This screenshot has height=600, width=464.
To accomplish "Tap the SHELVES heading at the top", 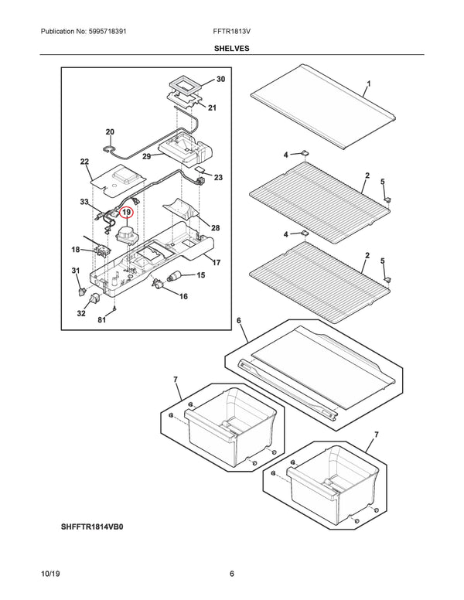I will [231, 47].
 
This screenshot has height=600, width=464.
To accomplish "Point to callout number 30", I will [220, 80].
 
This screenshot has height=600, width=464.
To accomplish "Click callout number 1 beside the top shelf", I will [369, 84].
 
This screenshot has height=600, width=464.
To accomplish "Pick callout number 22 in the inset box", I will [84, 162].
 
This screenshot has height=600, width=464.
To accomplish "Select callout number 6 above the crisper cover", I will [239, 321].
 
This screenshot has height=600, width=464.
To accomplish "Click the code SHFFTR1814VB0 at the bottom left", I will [93, 527].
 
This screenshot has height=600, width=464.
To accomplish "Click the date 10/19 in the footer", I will [51, 573].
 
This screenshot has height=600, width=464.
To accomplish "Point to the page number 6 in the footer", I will [231, 573].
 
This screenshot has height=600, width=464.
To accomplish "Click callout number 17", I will [217, 263].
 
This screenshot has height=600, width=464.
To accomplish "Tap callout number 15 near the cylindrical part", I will [200, 275].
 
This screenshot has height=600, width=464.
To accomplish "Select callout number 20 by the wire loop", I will [110, 132].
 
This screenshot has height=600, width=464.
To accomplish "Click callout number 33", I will [84, 202].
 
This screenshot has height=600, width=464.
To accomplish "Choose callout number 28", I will [216, 228].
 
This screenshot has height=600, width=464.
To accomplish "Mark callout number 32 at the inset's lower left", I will [81, 313].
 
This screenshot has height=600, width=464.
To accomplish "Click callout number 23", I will [218, 178].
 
